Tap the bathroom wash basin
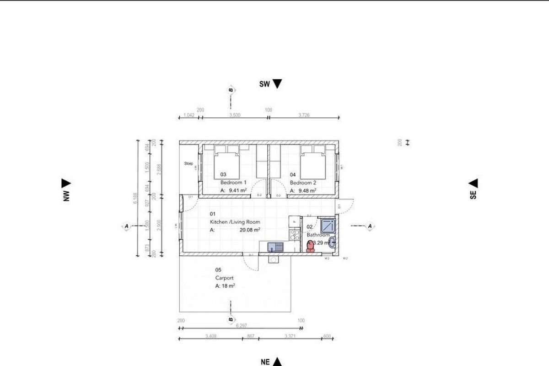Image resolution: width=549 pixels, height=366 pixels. coord(332,242)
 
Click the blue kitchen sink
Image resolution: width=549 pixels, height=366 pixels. coord(276,247)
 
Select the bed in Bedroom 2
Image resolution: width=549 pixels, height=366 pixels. coord(313,162)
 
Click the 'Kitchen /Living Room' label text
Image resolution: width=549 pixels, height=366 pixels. coord(235,222)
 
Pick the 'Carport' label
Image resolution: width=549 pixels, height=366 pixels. coord(225,278)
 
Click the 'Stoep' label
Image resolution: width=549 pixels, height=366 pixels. coord(188,163)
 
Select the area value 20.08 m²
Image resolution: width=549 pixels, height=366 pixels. coord(250,230)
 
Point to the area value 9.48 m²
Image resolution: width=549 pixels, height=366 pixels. coord(307,191)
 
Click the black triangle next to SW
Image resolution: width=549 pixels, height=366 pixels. coord(277,84)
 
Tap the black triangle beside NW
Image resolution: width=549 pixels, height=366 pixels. coord(66,183)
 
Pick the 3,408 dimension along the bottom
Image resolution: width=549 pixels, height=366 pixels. coord(210,336)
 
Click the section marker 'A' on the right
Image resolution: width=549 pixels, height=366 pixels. coord(370,226)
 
